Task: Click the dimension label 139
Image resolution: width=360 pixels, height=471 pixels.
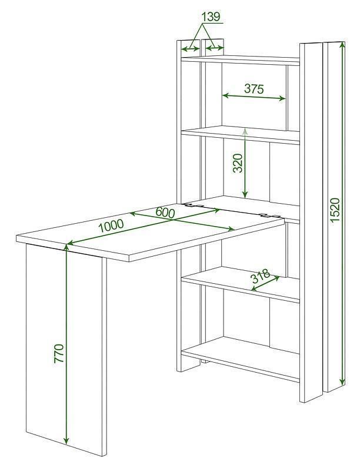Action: [x=211, y=16]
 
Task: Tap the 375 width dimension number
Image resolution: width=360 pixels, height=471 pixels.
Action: [x=254, y=89]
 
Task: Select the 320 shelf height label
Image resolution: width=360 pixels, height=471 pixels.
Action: [x=237, y=163]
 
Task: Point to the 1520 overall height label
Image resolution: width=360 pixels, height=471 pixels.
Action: [x=335, y=210]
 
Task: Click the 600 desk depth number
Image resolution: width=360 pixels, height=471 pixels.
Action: [x=165, y=213]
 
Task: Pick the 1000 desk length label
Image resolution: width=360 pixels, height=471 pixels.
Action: [x=111, y=225]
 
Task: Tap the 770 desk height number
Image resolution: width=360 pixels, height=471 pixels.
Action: [x=59, y=354]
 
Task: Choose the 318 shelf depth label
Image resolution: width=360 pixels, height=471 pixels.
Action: [x=261, y=276]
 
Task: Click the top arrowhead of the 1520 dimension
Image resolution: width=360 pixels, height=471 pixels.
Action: [x=342, y=45]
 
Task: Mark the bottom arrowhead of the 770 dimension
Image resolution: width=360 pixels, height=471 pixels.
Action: [x=66, y=440]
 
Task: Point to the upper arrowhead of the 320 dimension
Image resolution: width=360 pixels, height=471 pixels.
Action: [x=245, y=131]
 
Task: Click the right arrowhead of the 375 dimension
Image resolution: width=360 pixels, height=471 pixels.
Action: [x=282, y=98]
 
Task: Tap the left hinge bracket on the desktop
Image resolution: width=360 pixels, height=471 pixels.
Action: [x=194, y=205]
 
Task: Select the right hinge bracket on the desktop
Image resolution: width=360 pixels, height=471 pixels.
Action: [x=270, y=215]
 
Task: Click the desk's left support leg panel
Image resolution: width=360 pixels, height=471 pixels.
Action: [x=66, y=354]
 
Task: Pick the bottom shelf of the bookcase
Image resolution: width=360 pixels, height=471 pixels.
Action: [x=241, y=359]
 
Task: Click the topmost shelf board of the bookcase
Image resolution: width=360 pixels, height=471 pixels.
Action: [x=241, y=60]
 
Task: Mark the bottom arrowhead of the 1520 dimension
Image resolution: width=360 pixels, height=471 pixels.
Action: [x=342, y=382]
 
